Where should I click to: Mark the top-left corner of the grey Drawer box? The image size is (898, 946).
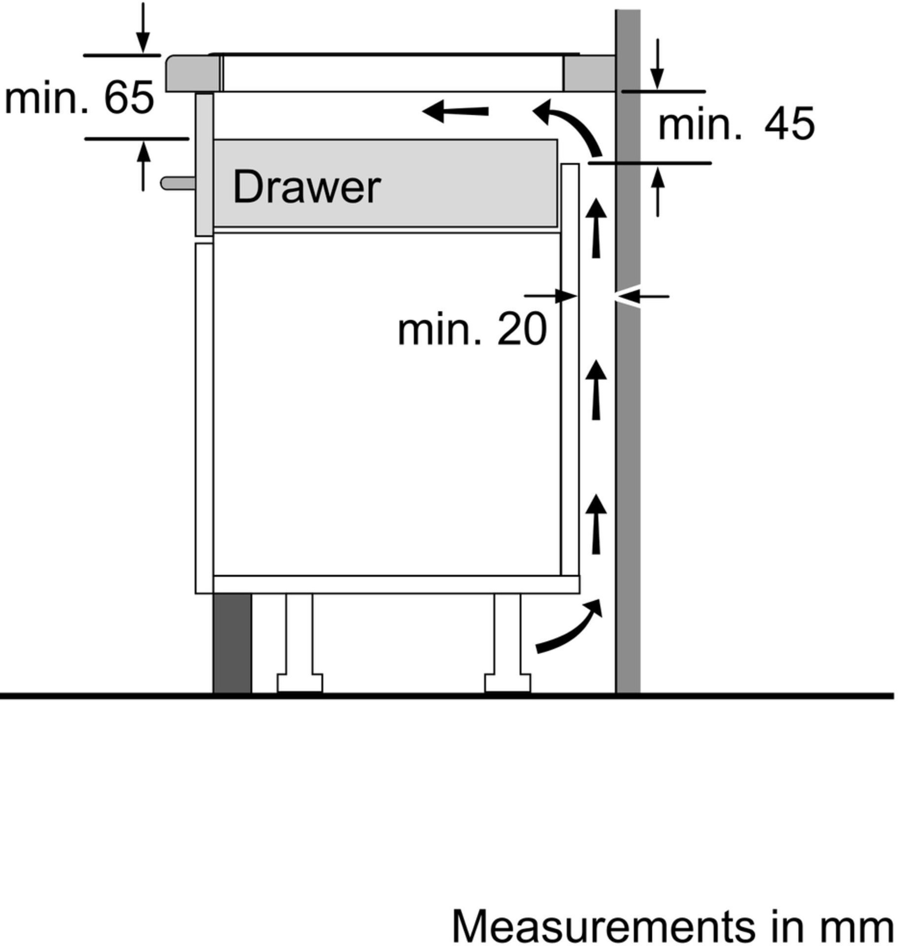pos(213,140)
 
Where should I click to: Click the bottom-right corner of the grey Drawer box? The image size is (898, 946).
pos(558,227)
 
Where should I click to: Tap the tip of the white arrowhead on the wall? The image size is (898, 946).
pos(614,297)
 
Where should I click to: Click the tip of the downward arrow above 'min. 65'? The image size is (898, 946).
pos(143,53)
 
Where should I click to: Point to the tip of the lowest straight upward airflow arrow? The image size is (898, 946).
pos(596,495)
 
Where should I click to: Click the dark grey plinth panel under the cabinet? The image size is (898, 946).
pos(232,643)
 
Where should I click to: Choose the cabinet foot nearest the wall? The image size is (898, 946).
pos(507,643)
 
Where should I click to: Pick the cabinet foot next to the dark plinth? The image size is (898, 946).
pos(299,643)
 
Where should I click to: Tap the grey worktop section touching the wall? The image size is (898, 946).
pos(589,73)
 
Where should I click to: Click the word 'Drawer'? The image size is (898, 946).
pos(307,187)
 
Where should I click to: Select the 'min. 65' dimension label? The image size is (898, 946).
pos(79,97)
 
